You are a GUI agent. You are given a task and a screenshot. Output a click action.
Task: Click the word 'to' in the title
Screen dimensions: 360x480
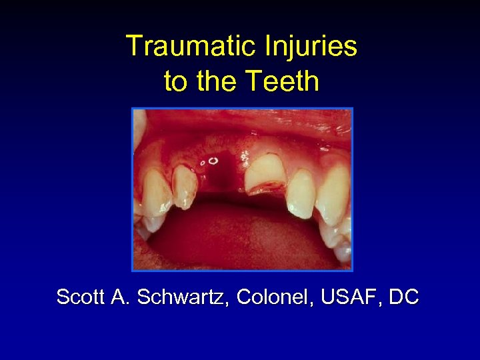(x=176, y=82)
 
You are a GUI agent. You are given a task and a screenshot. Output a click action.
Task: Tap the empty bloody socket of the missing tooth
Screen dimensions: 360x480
(x=218, y=177)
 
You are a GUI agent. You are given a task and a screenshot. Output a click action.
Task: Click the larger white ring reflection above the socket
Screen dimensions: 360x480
(x=213, y=161)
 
